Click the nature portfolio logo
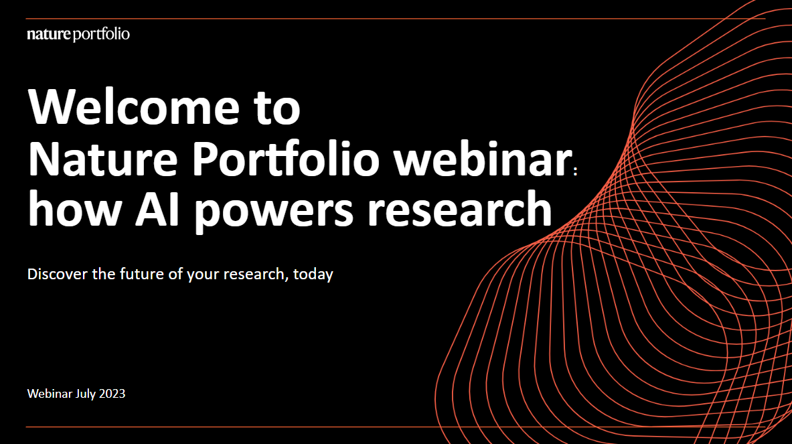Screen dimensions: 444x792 coord(78,34)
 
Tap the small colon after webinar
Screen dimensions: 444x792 coord(576,171)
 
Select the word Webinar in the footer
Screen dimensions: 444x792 coord(50,393)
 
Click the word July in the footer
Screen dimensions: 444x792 coord(86,394)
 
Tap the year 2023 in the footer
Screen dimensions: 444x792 coord(112,394)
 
